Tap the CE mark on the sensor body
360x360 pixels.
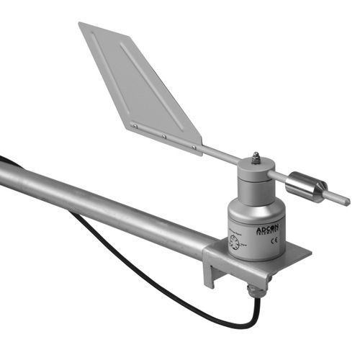[274, 241]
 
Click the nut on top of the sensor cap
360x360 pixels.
[255, 156]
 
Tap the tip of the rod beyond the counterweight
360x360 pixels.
[346, 201]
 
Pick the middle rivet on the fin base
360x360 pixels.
[164, 136]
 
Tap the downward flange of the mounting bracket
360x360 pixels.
[210, 266]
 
